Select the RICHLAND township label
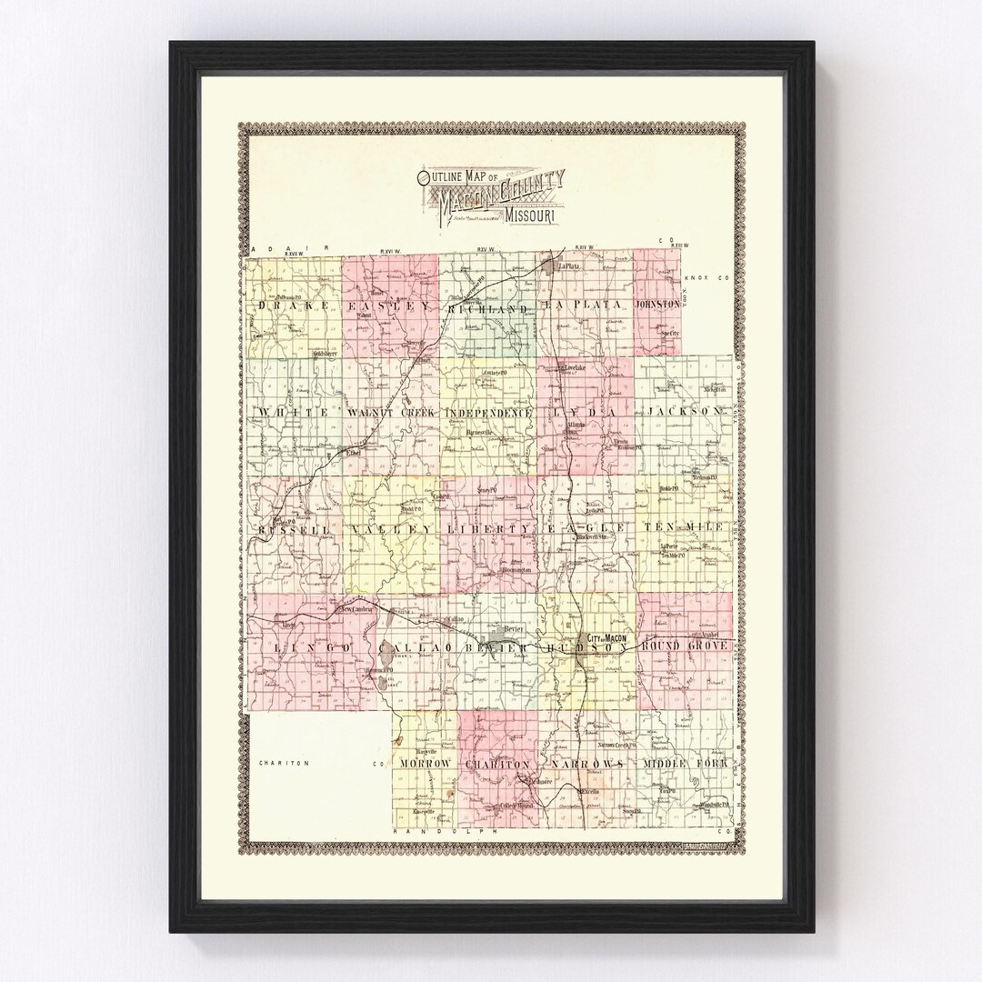[x=487, y=309]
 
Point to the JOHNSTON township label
[x=658, y=306]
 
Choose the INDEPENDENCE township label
[x=488, y=412]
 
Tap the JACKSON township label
[x=688, y=411]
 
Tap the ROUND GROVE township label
[x=686, y=645]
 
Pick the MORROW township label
[x=425, y=765]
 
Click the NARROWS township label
[x=584, y=764]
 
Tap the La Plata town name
[x=570, y=266]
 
